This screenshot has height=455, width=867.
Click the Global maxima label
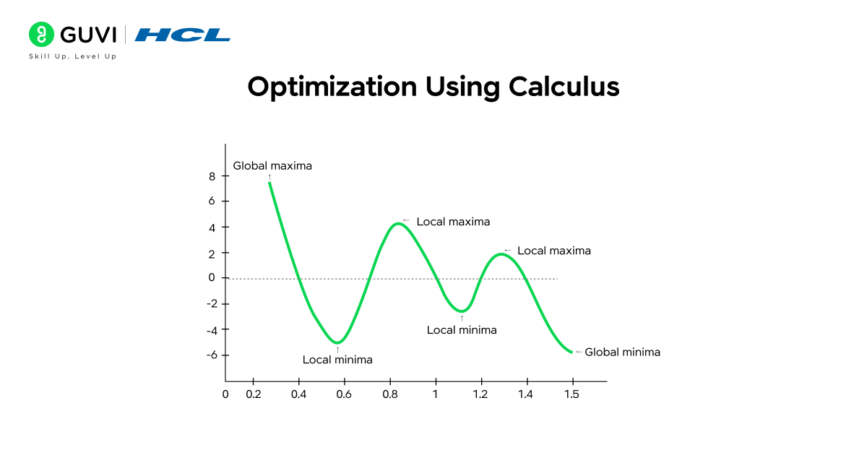[x=272, y=165]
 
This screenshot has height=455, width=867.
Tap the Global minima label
[x=622, y=352]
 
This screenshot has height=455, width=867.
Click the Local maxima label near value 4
[x=453, y=222]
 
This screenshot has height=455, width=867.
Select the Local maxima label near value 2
[x=554, y=251]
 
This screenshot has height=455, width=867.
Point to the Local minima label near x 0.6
[x=337, y=359]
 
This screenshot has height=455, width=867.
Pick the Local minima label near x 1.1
[x=462, y=330]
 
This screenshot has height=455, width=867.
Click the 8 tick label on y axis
[x=212, y=175]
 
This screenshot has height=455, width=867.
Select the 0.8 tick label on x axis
[x=390, y=394]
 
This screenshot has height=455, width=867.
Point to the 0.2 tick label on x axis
[x=253, y=394]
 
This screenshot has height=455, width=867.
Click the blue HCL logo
[x=183, y=35]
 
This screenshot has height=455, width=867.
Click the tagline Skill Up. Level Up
[x=72, y=56]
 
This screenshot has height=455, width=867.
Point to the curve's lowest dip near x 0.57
[x=337, y=342]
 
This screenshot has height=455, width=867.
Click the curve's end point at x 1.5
[x=571, y=352]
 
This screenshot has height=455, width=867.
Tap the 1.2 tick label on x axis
[x=481, y=394]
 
